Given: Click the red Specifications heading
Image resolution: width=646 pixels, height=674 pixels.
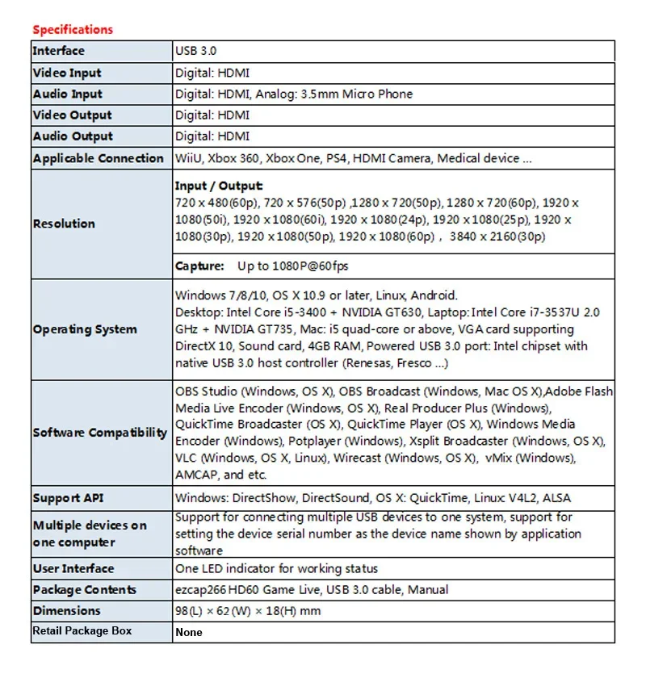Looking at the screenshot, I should pos(73,30).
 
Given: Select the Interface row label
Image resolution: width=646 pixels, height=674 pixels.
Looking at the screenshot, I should pos(58,51).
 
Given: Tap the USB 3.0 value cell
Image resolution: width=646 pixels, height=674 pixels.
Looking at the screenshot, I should pos(196,51).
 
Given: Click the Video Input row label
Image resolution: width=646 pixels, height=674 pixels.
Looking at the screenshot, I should pos(67,73).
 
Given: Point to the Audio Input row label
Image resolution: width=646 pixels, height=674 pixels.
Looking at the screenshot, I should pos(67,94).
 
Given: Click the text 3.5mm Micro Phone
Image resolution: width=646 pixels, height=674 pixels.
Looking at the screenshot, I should pos(356,94).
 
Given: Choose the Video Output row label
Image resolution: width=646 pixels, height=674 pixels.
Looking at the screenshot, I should pos(72,115).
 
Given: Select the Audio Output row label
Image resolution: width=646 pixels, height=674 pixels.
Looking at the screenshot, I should pos(73,136).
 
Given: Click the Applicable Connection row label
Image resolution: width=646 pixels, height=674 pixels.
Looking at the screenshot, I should pos(98,158).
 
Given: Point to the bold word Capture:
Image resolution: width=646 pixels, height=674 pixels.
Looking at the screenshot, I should pos(199,266).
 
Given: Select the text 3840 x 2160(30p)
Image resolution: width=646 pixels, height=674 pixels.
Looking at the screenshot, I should pos(496,237).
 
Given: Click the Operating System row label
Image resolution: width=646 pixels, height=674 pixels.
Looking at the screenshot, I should pos(85,329).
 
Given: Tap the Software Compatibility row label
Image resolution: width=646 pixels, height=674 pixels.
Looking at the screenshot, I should pos(100,433).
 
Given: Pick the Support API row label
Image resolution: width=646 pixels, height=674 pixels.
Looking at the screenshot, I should pos(69,498).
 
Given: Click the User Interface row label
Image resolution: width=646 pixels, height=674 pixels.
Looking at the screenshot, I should pos(73,568).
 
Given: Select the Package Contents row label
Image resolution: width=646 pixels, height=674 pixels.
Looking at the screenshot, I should pos(84,590).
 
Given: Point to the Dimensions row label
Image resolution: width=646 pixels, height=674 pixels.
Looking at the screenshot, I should pos(66,611).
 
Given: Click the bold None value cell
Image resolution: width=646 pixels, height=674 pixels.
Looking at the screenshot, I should pos(189,632).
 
